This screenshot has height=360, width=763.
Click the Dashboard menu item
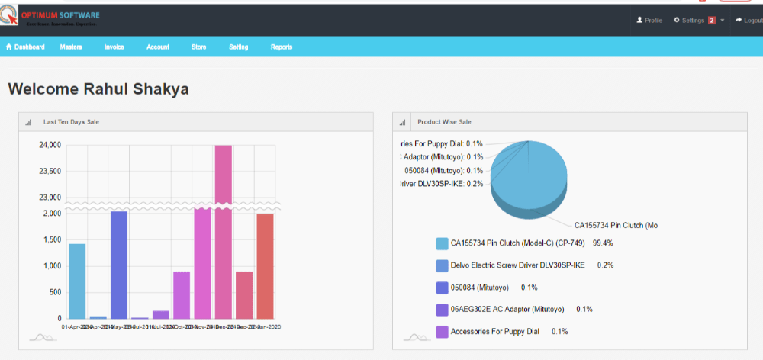[x=25, y=47]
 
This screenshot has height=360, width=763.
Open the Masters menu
[x=71, y=47]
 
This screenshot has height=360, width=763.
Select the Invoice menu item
[x=114, y=47]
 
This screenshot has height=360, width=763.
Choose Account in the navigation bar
[x=158, y=47]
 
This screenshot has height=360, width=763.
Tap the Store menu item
[x=198, y=47]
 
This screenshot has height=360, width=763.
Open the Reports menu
[x=281, y=47]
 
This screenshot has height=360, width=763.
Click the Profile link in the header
[x=649, y=20]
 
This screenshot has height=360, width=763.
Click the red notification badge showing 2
[x=711, y=20]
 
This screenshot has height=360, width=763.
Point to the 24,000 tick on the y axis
[x=50, y=145]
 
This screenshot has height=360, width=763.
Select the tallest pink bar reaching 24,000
[x=223, y=229]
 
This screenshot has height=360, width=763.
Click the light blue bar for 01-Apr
[x=77, y=281]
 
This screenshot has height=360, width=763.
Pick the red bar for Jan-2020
[x=265, y=265]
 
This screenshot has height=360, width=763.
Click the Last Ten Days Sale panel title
[x=71, y=122]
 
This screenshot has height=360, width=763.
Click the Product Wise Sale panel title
[x=444, y=122]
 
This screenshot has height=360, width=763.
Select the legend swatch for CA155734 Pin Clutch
[x=442, y=243]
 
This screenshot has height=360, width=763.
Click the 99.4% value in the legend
[x=603, y=243]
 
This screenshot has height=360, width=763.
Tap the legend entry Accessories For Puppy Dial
[x=495, y=332]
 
